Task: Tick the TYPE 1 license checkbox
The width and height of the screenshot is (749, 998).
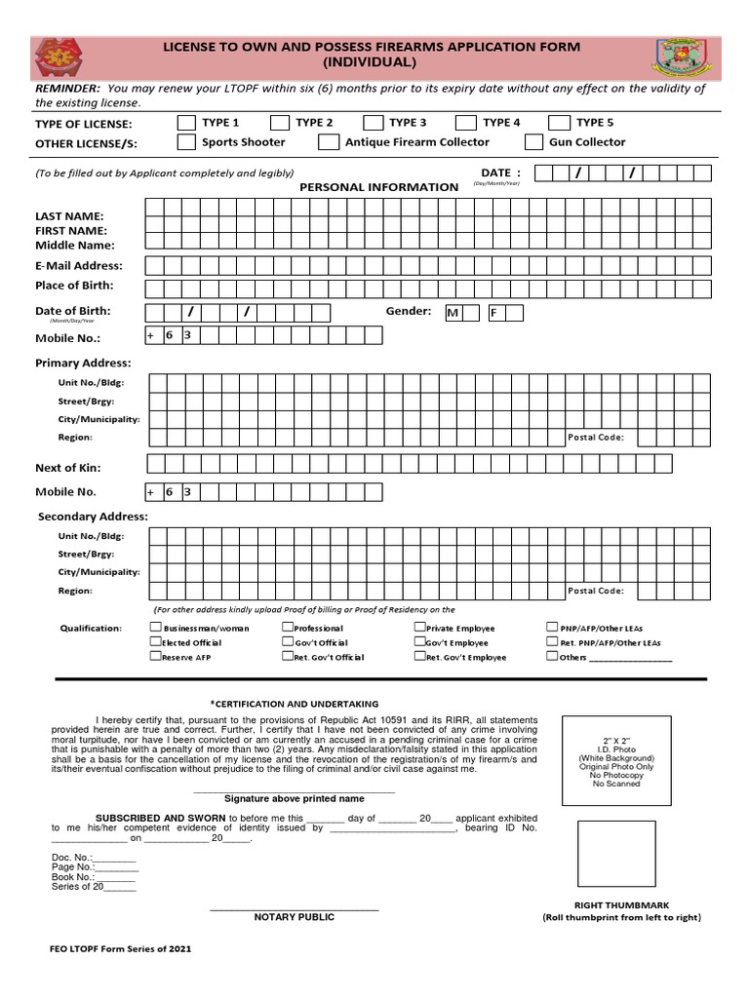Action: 185,123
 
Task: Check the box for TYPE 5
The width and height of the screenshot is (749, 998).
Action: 559,123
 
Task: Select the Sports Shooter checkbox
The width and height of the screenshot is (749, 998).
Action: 185,142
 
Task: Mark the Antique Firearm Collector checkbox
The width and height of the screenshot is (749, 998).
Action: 328,142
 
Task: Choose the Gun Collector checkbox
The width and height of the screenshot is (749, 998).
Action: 533,142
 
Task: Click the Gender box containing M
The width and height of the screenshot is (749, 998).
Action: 453,313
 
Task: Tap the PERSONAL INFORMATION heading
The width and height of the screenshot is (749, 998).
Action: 378,186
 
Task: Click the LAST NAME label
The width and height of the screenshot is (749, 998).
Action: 69,216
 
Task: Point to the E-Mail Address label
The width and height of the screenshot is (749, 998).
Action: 79,265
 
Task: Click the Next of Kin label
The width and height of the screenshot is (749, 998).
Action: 68,468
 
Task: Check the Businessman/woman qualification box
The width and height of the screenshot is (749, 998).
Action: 155,628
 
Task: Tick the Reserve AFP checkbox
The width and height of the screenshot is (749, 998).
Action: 155,656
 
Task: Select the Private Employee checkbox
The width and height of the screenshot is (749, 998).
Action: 419,628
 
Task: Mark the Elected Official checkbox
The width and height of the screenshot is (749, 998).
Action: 155,642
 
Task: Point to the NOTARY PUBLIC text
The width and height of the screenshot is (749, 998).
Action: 295,917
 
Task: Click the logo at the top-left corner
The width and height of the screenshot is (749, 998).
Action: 59,58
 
